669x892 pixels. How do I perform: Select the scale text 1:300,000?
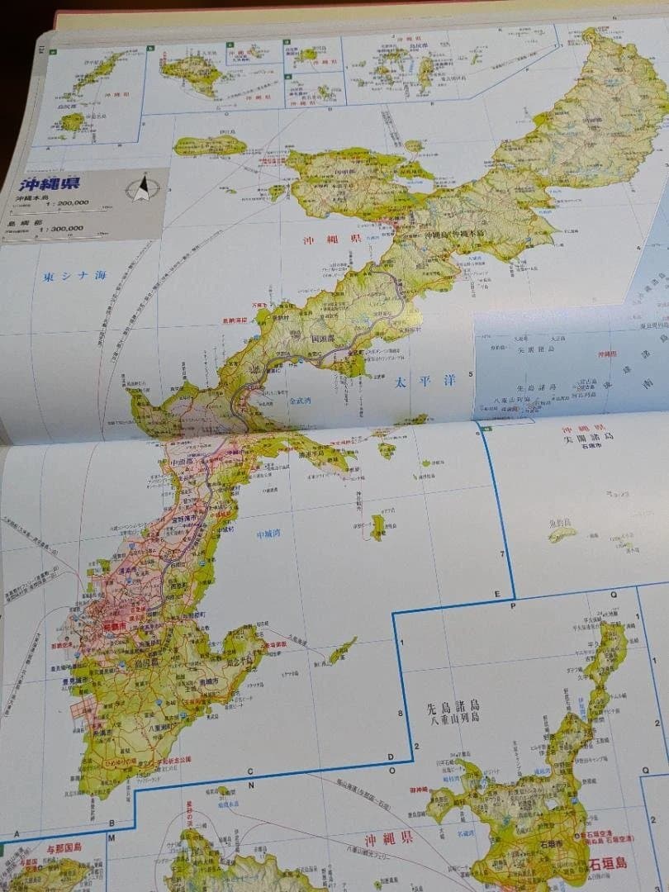point(57,228)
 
